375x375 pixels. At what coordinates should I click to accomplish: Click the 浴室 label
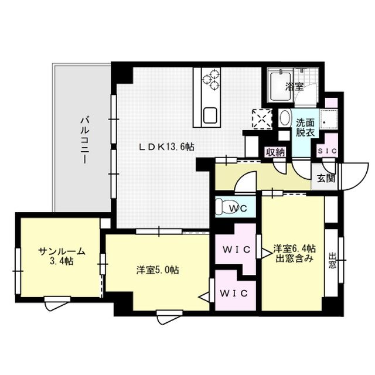pyautogui.click(x=294, y=87)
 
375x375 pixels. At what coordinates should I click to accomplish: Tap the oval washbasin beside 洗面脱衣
pyautogui.click(x=284, y=118)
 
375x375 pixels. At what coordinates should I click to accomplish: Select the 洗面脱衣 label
pyautogui.click(x=304, y=128)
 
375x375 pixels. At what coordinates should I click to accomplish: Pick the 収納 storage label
pyautogui.click(x=275, y=152)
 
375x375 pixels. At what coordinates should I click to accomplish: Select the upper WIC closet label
pyautogui.click(x=236, y=250)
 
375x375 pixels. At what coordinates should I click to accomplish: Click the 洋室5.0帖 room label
pyautogui.click(x=157, y=270)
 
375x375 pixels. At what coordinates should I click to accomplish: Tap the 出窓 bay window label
pyautogui.click(x=332, y=260)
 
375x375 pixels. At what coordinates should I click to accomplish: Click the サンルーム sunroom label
pyautogui.click(x=62, y=256)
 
